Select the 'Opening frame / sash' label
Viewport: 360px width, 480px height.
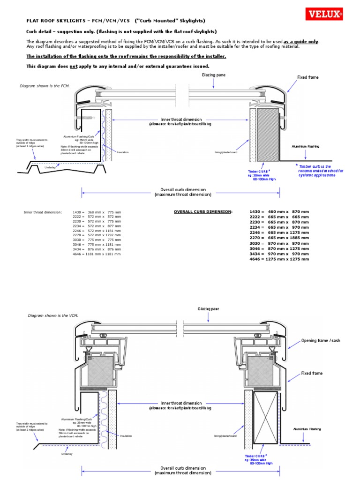pyautogui.click(x=321, y=341)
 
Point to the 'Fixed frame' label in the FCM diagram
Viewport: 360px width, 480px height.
pyautogui.click(x=308, y=77)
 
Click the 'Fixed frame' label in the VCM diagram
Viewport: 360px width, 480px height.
pyautogui.click(x=312, y=374)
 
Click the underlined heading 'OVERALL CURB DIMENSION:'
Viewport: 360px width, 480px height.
pyautogui.click(x=203, y=212)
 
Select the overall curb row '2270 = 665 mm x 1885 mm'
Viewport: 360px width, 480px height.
pyautogui.click(x=279, y=238)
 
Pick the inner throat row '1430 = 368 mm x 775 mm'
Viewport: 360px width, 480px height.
pyautogui.click(x=97, y=212)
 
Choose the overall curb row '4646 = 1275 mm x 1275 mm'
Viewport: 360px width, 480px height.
pyautogui.click(x=279, y=259)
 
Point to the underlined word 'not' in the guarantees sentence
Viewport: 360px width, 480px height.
pyautogui.click(x=73, y=66)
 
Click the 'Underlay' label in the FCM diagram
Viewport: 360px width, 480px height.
pyautogui.click(x=50, y=167)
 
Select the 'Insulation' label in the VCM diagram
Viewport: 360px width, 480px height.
pyautogui.click(x=126, y=436)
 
